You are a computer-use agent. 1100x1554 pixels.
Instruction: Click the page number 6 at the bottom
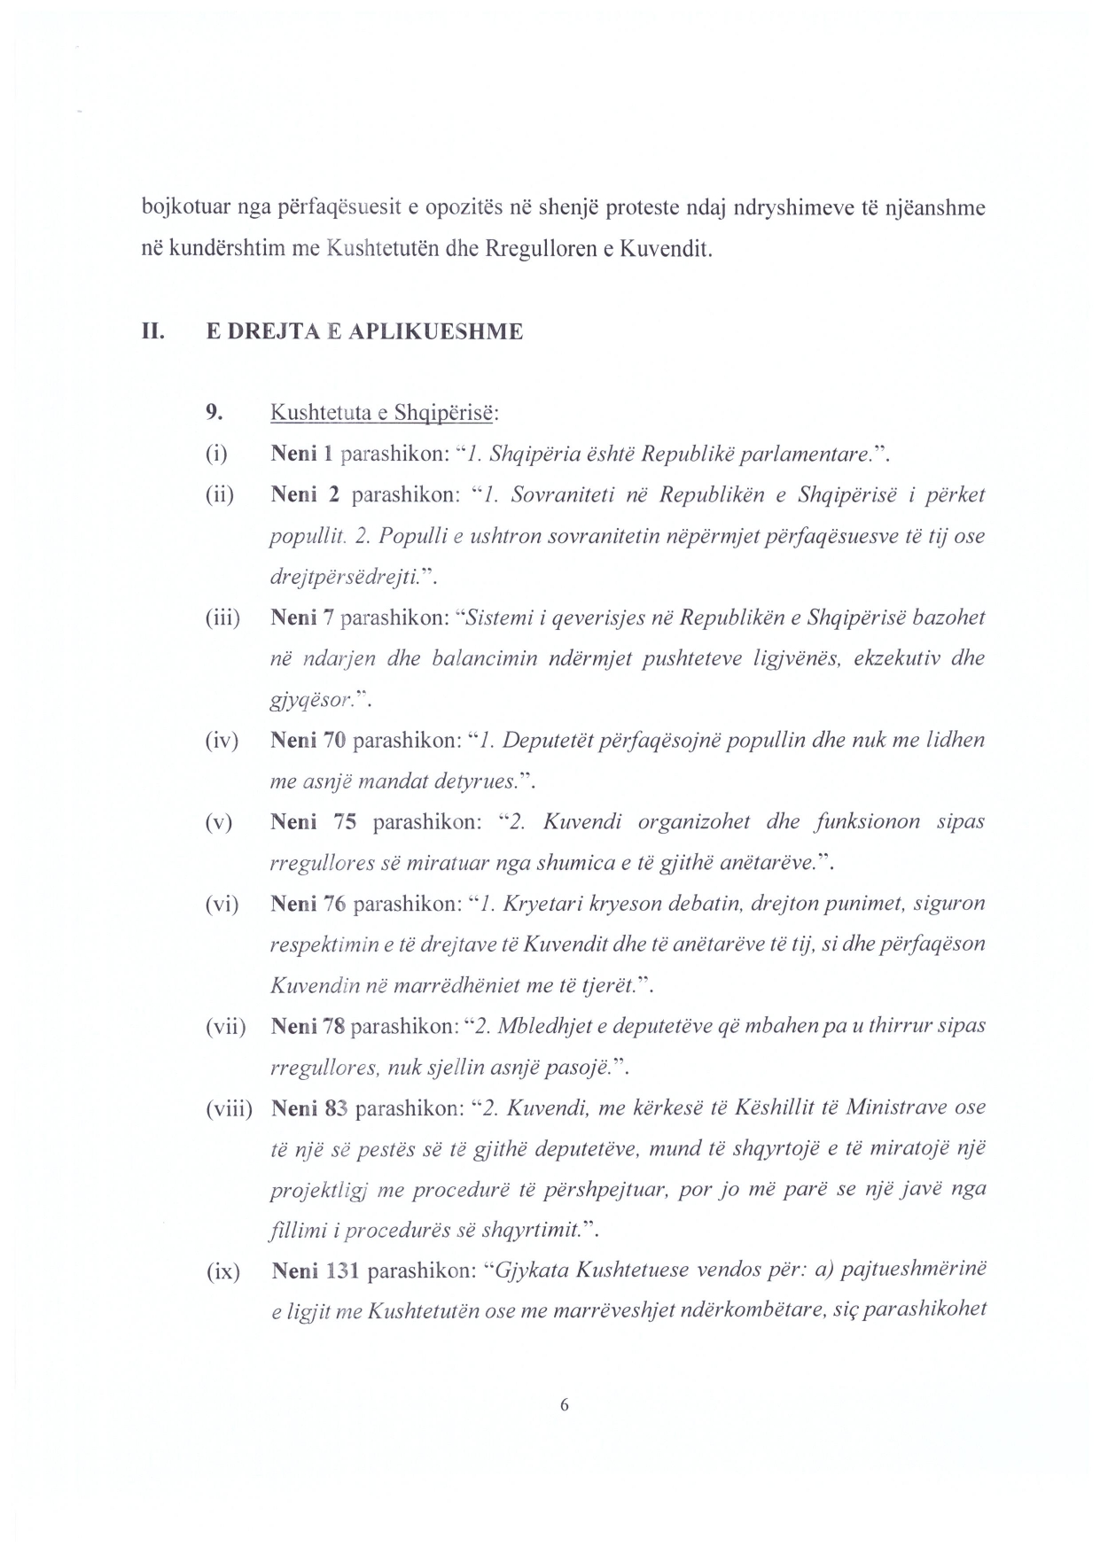tap(564, 1406)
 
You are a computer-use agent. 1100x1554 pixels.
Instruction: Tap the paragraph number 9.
tap(213, 412)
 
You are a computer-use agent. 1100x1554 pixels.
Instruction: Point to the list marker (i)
tap(216, 455)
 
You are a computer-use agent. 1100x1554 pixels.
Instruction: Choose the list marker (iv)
tap(222, 740)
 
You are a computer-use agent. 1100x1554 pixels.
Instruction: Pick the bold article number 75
tap(345, 822)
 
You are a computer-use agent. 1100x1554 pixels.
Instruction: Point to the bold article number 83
tap(335, 1108)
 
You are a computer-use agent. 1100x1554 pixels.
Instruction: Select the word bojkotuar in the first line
tap(177, 209)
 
